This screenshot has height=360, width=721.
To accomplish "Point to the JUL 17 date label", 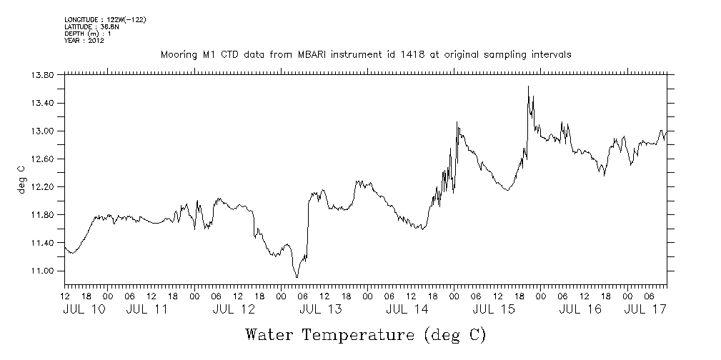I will pos(646,309).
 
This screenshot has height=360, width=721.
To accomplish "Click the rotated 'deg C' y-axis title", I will pos(21,179).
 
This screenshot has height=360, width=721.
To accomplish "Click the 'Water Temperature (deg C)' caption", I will pos(366,334).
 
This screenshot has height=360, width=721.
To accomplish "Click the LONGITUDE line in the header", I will pos(105,19).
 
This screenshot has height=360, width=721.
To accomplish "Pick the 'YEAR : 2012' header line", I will pos(85,40).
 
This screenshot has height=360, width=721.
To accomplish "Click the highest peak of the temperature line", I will pos(528,87).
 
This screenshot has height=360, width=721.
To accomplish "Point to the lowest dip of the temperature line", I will pos(297,276).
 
